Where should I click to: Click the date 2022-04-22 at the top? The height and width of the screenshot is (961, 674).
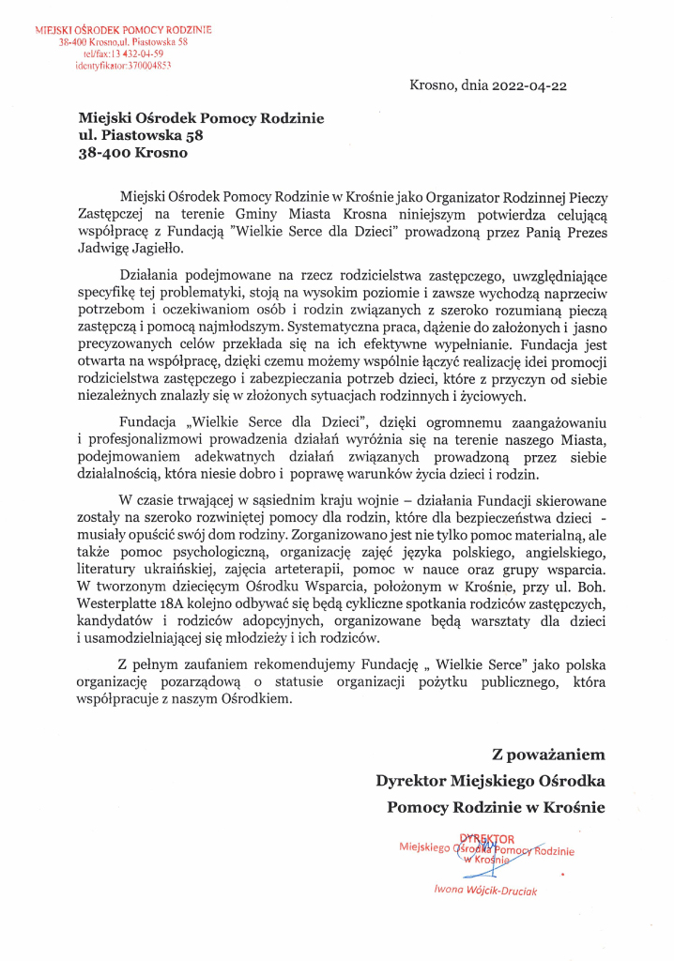click(x=532, y=85)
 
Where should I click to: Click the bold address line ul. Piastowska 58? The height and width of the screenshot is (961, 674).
click(x=141, y=135)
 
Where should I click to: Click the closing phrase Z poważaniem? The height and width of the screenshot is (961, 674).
click(x=548, y=754)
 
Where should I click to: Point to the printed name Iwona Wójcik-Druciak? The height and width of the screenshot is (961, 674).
click(x=485, y=891)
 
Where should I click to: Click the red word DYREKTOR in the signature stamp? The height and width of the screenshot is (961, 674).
click(x=486, y=838)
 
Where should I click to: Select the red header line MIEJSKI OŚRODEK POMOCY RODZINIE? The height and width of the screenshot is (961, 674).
click(x=123, y=30)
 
